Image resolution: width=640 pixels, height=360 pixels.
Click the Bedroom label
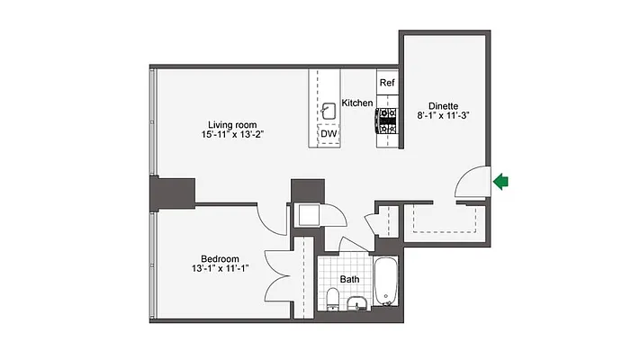[221, 258]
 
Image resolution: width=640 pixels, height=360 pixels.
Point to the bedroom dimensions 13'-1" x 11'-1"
[221, 269]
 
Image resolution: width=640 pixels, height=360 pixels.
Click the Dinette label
[444, 104]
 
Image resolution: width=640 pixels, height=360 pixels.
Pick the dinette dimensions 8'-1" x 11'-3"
[444, 115]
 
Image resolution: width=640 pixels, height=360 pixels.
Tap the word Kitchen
[356, 103]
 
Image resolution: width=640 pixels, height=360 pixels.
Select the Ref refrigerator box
[387, 83]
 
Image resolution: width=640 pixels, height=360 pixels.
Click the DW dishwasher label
[329, 135]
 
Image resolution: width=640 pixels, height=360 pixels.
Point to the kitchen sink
[330, 111]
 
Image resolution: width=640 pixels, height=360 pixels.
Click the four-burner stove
[387, 121]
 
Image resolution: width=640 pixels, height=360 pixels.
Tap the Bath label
[349, 279]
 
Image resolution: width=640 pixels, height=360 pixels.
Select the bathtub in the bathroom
[387, 282]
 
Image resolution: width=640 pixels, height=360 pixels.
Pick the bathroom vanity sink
[357, 302]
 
